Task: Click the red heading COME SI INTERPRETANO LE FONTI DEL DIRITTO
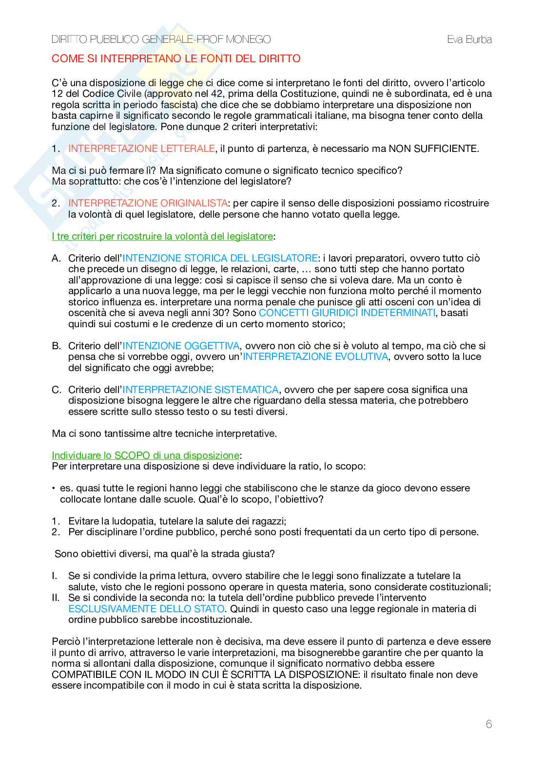[x=176, y=59]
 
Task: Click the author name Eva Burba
[x=469, y=39]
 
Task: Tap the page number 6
[x=489, y=724]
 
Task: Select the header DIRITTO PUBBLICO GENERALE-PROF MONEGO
[x=161, y=39]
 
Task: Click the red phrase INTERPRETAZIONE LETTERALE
[x=141, y=149]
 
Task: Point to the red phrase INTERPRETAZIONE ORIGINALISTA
[x=148, y=203]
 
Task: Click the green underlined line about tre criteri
[x=162, y=236]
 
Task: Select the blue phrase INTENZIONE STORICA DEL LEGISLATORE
[x=220, y=258]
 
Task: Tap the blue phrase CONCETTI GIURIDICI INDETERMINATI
[x=347, y=313]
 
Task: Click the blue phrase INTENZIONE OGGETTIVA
[x=180, y=346]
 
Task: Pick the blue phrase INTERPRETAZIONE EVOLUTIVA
[x=315, y=356]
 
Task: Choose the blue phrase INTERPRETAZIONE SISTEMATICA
[x=200, y=390]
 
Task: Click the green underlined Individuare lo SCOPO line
[x=145, y=455]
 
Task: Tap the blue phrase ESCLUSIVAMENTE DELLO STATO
[x=146, y=609]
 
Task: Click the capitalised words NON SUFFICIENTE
[x=433, y=149]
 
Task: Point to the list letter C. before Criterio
[x=57, y=390]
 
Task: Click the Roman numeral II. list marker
[x=56, y=598]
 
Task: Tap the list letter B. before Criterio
[x=57, y=346]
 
